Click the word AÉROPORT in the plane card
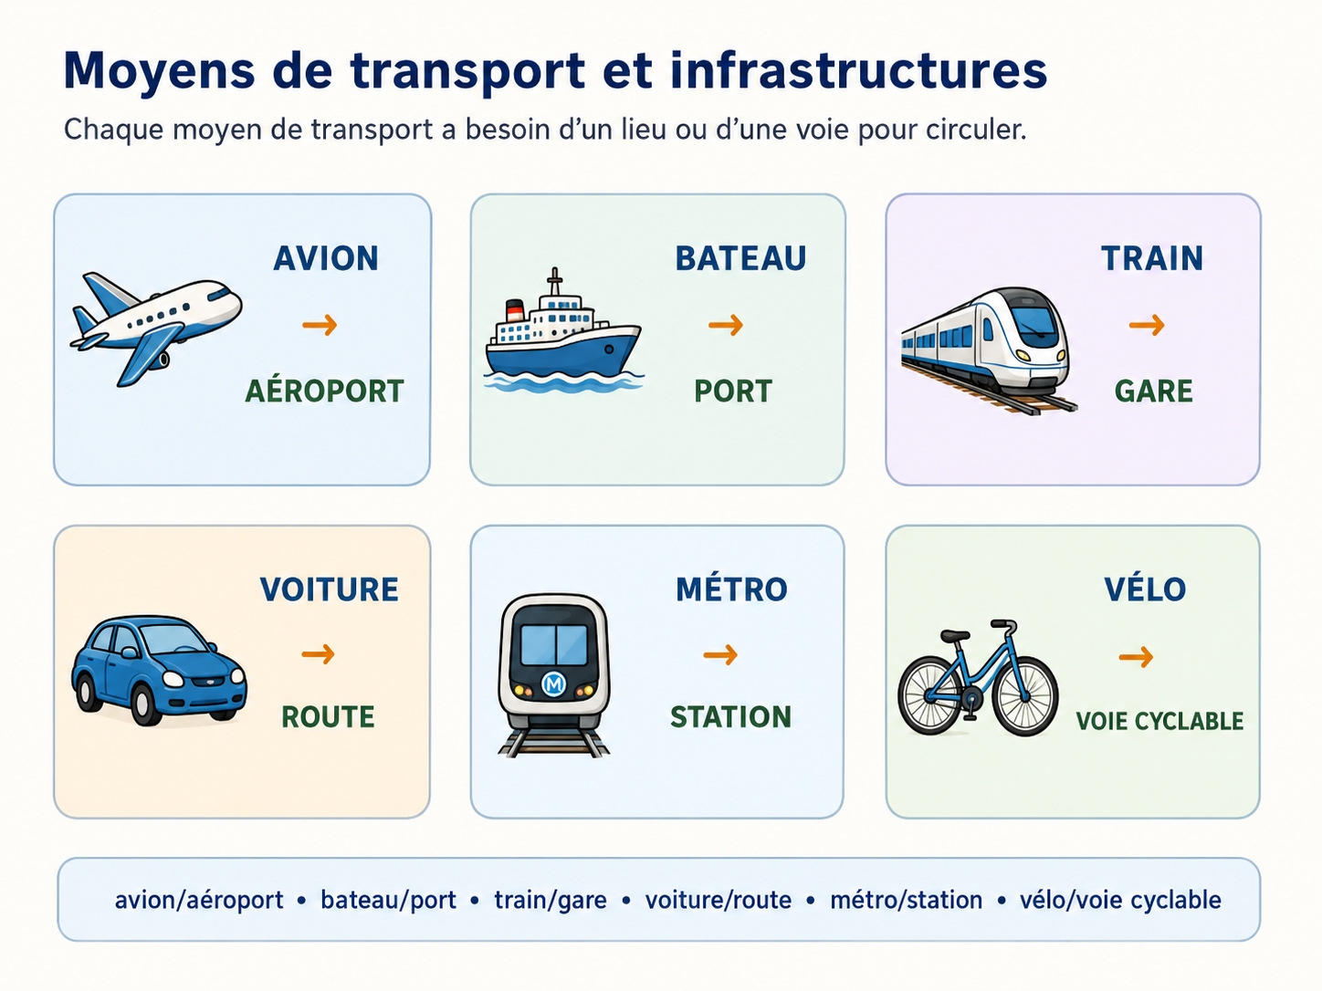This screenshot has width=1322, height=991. (x=325, y=391)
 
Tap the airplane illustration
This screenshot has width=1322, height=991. (x=156, y=328)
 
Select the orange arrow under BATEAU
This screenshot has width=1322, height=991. (x=726, y=325)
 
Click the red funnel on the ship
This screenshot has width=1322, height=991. (x=514, y=310)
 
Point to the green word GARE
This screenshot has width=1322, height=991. (x=1153, y=391)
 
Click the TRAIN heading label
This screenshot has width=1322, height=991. (x=1152, y=259)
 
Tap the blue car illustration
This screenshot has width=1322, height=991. (x=159, y=669)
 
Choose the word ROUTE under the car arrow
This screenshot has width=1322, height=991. (x=329, y=716)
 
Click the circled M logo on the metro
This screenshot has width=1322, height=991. (x=553, y=683)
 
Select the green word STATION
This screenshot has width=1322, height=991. (x=731, y=716)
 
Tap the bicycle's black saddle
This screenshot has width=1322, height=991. (x=955, y=635)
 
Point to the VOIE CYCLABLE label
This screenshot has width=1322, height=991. (x=1160, y=721)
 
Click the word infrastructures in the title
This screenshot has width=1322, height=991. (x=859, y=70)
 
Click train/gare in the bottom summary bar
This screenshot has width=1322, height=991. (x=551, y=900)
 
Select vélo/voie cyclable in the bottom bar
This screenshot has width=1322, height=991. (x=1120, y=900)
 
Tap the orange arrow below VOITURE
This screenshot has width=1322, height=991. (x=318, y=653)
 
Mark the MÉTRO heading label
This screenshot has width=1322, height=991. (x=732, y=589)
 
